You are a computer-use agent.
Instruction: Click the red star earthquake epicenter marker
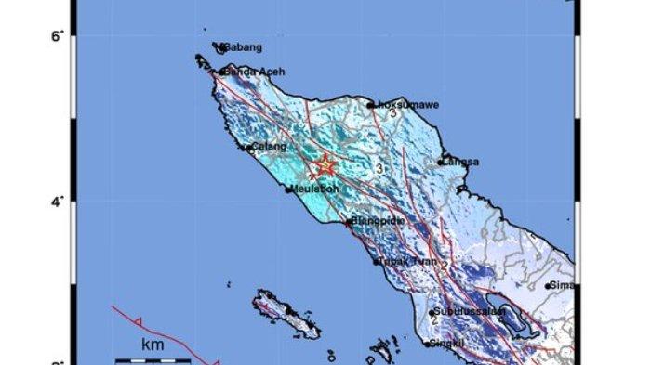(325, 166)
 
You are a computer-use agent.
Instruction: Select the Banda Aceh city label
(253, 72)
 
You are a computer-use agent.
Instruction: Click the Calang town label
(268, 146)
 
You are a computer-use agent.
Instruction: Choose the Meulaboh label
(312, 189)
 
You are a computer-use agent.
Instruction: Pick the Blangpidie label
(378, 222)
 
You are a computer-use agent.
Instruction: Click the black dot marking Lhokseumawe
(370, 105)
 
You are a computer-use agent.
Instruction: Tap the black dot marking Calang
(247, 147)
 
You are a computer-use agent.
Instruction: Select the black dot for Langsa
(441, 162)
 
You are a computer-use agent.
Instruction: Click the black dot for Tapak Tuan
(378, 262)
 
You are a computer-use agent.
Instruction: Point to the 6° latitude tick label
(57, 36)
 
